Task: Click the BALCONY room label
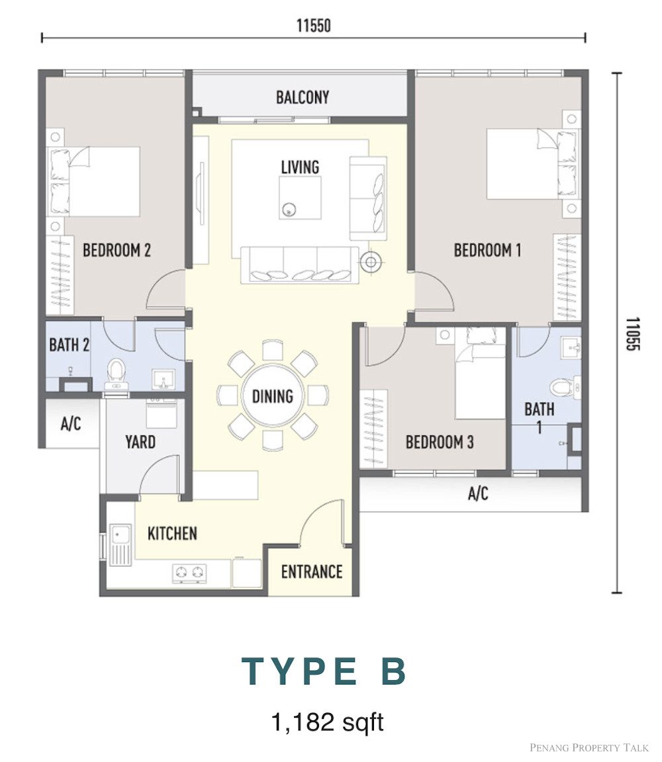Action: pos(303,97)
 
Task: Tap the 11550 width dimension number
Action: pos(314,25)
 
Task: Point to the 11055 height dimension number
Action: pos(632,334)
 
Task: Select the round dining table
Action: pos(273,396)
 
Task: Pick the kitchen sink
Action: pos(120,545)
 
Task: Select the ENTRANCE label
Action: pos(312,571)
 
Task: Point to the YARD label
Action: pos(140,442)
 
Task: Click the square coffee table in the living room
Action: pos(300,198)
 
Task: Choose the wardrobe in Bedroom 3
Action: pos(373,429)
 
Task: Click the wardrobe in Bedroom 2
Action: pos(60,275)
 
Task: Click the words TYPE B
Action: pos(324,671)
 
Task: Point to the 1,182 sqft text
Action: pos(327,722)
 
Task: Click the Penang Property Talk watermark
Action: pos(589,747)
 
